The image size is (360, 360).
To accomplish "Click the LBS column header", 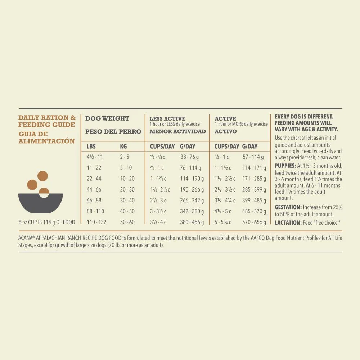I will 91,147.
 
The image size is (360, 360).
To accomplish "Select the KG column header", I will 123,147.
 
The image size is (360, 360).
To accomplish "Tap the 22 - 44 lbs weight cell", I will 94,179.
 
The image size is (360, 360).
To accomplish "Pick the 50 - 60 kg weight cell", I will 127,222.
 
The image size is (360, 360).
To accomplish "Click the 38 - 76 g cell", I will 189,157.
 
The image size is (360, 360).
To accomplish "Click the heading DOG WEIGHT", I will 107,118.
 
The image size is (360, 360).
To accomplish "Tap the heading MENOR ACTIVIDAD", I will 177,131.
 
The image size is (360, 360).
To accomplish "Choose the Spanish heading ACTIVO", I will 226,131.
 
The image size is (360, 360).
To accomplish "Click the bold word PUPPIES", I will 285,166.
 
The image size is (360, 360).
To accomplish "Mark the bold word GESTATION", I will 288,207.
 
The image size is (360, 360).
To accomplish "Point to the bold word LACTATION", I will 288,223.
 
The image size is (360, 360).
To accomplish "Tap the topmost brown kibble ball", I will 42,176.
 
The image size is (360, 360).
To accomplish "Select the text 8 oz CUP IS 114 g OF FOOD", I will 47,222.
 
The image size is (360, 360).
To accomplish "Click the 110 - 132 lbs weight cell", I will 96,222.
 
